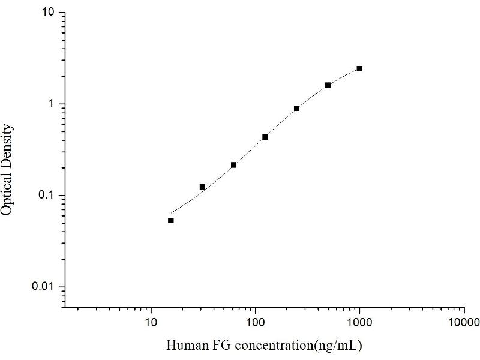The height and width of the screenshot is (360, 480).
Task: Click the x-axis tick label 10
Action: [151, 323]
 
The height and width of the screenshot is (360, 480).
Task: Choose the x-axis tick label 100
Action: [256, 323]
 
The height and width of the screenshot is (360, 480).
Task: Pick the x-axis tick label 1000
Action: [359, 323]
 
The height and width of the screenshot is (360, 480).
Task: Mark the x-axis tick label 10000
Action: [464, 323]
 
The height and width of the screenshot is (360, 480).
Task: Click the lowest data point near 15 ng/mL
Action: [171, 220]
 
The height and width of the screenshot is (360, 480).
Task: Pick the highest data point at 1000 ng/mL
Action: [359, 69]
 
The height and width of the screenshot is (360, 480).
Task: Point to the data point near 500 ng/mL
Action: [328, 85]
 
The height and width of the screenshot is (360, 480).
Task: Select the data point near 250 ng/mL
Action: [296, 109]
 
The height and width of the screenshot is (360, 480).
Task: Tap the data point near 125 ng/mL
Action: [265, 137]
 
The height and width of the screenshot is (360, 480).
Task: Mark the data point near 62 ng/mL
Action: [234, 165]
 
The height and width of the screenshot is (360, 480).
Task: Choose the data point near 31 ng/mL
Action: [202, 187]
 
